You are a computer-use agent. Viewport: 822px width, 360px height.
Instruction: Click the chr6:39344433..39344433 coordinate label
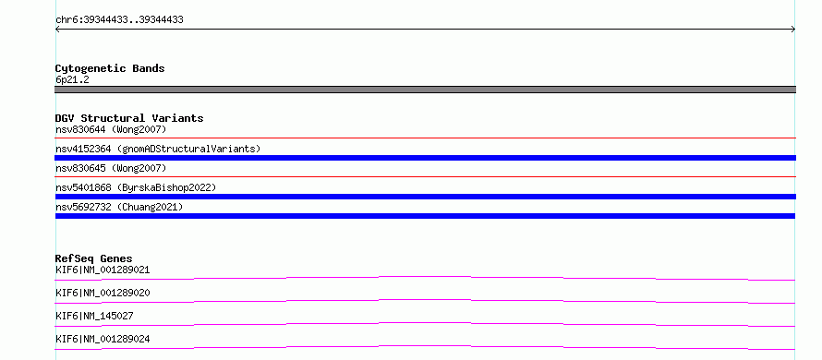click(x=119, y=20)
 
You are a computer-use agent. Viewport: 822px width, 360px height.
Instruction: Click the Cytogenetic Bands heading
click(x=110, y=68)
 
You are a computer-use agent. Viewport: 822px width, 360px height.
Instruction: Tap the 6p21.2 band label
click(x=72, y=79)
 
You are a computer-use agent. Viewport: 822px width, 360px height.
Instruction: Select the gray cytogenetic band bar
click(x=425, y=90)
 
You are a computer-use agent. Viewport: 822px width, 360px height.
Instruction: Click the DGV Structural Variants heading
click(x=129, y=118)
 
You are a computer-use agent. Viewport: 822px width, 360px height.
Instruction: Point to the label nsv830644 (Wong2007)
click(x=111, y=129)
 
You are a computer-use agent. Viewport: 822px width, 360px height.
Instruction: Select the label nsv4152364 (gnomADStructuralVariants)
click(x=158, y=149)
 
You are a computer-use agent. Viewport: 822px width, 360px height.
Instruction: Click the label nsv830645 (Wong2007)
click(x=111, y=168)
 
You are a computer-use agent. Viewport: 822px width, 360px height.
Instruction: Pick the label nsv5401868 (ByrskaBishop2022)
click(x=136, y=187)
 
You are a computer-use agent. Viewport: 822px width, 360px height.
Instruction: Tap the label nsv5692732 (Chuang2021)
click(x=119, y=207)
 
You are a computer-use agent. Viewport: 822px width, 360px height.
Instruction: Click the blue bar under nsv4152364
click(x=425, y=158)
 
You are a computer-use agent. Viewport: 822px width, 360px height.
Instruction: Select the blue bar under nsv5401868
click(x=425, y=197)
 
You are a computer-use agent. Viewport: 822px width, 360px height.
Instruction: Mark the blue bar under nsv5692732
click(x=425, y=216)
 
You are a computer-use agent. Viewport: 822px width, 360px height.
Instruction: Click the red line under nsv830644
click(x=425, y=138)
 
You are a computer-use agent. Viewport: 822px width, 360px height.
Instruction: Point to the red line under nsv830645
click(x=425, y=176)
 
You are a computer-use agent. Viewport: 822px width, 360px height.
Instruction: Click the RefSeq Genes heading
click(x=94, y=258)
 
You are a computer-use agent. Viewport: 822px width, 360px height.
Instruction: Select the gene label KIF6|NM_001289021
click(x=103, y=270)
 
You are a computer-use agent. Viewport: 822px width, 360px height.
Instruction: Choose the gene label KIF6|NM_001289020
click(x=103, y=293)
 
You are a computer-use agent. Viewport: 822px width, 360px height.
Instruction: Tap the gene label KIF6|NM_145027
click(x=94, y=316)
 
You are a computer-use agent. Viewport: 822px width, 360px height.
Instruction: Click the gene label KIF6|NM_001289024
click(x=103, y=339)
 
